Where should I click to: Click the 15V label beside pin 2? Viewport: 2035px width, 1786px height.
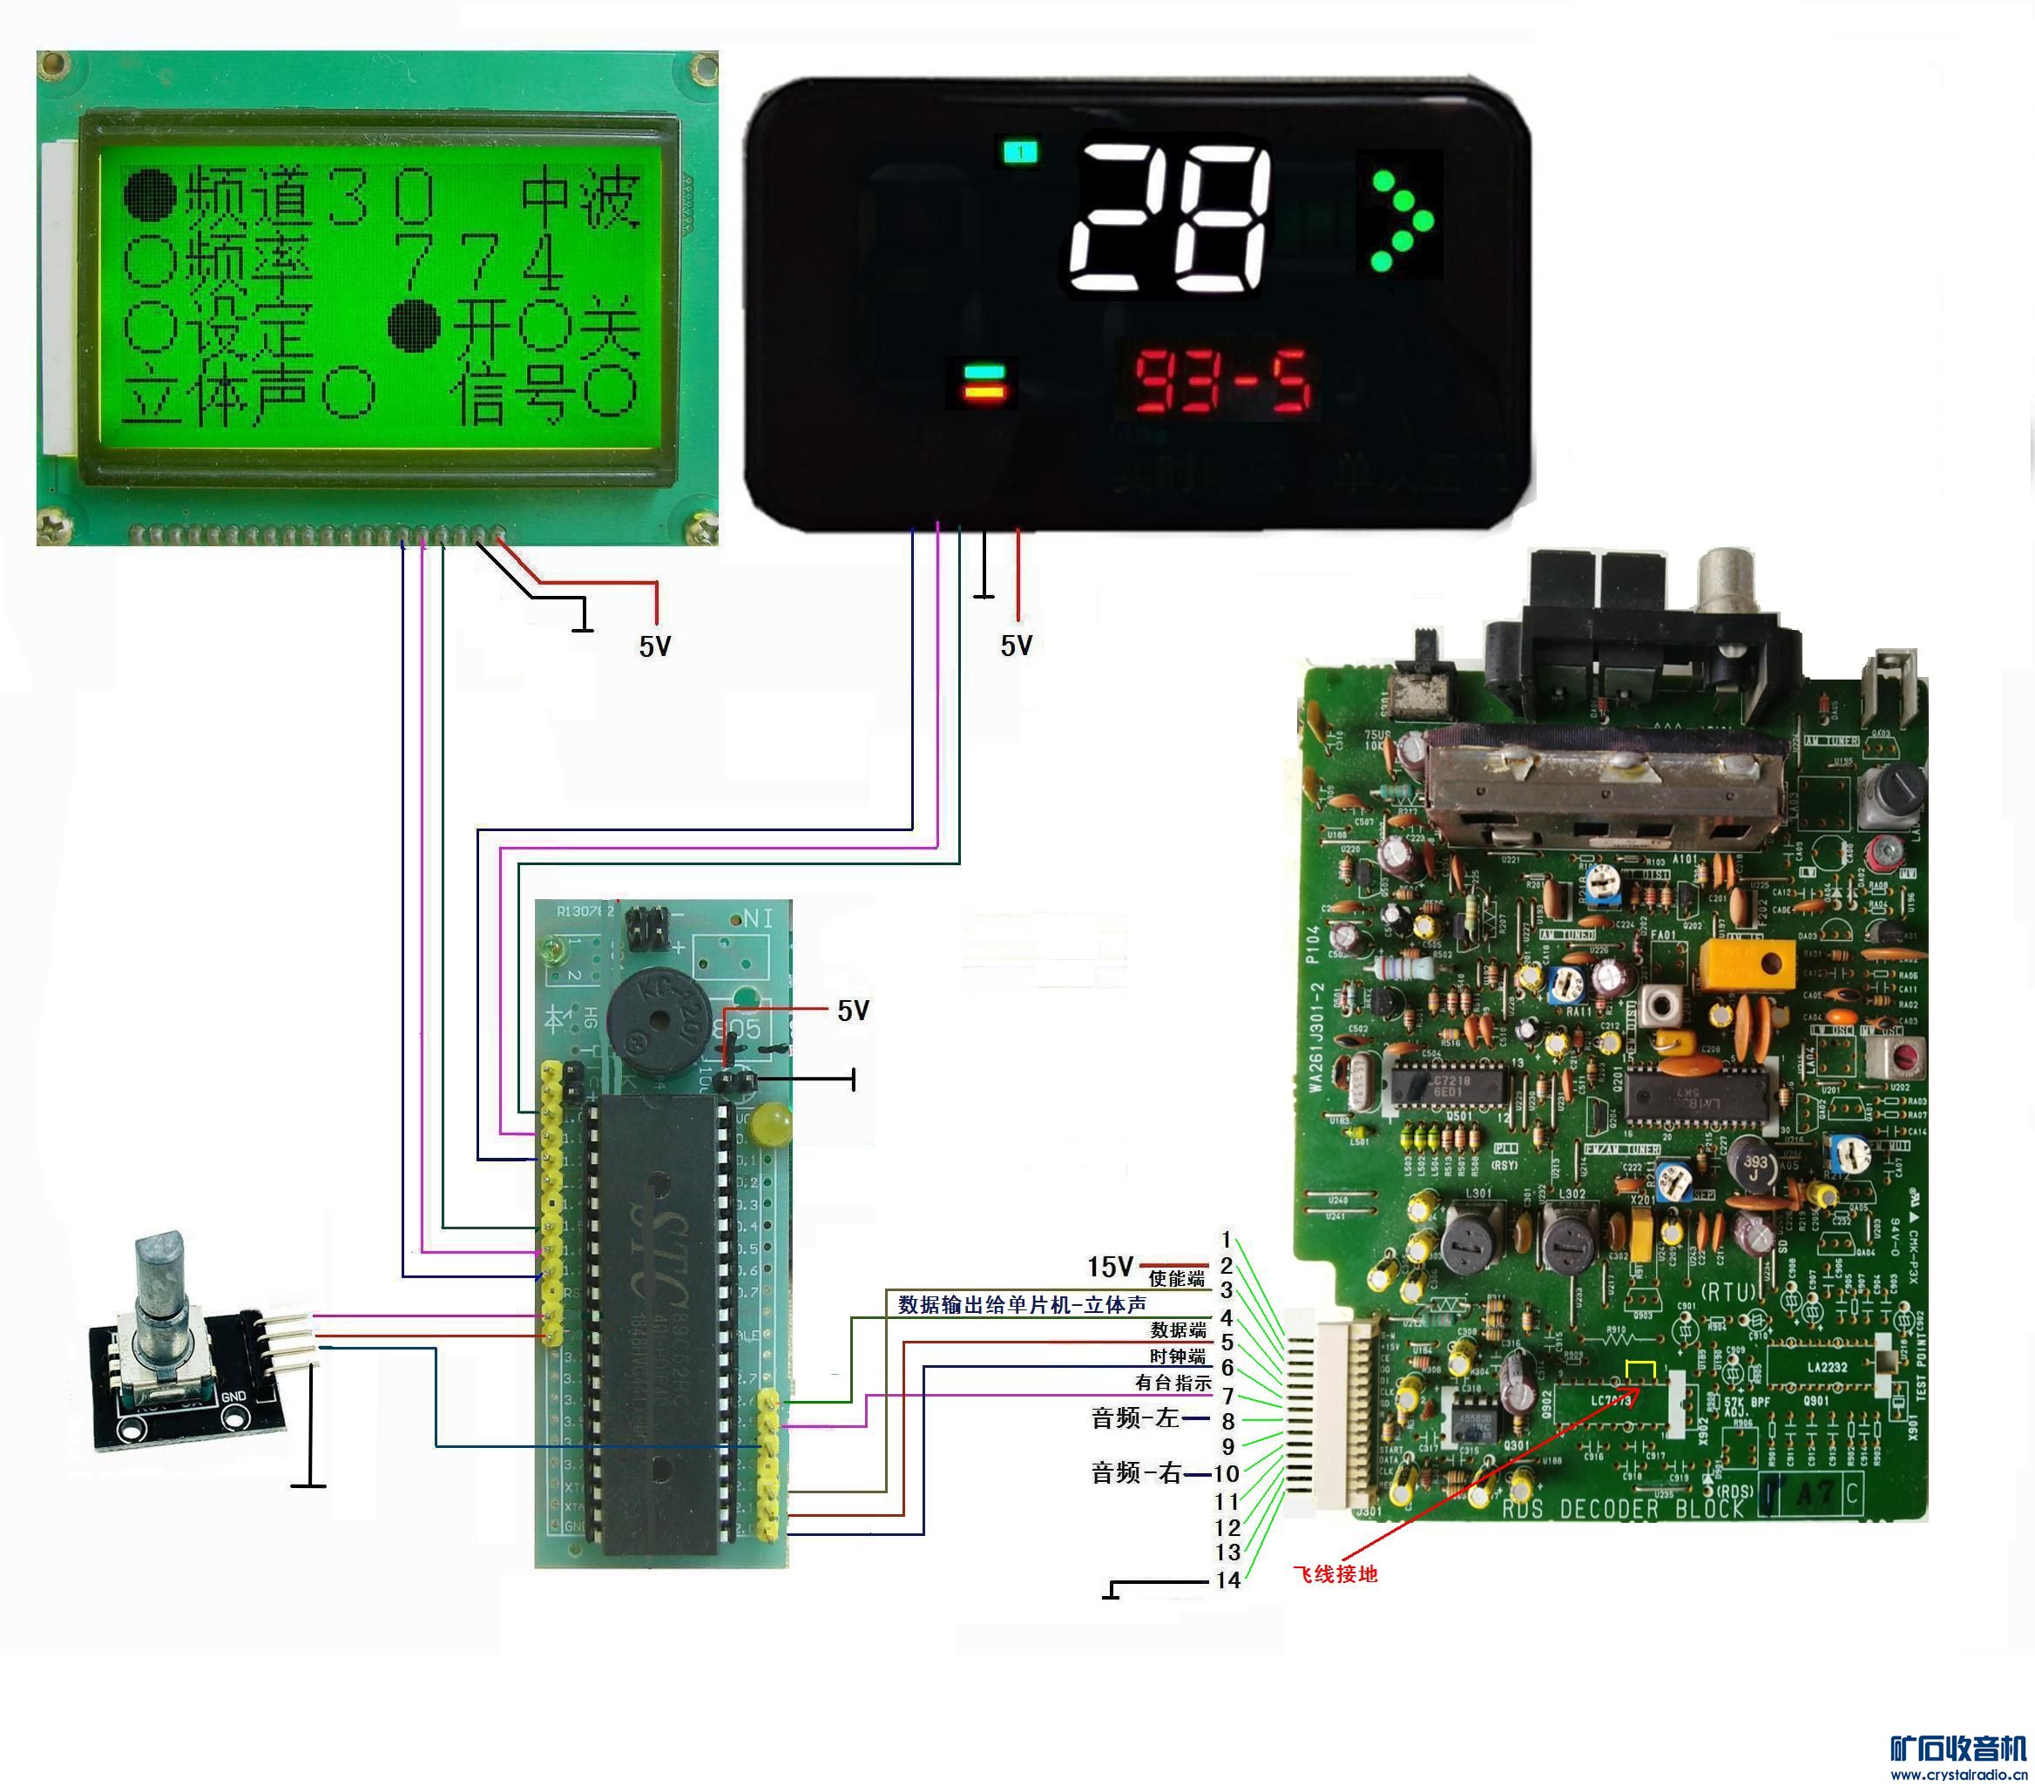point(1109,1267)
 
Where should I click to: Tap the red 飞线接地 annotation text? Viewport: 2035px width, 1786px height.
point(1335,1574)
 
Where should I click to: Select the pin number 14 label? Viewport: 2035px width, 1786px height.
point(1227,1580)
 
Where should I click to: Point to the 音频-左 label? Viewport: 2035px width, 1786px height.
point(1135,1417)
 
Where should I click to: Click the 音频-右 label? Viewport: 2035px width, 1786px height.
point(1136,1472)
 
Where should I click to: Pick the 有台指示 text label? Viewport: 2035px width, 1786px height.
point(1173,1383)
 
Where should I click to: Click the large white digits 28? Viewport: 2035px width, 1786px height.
point(1170,219)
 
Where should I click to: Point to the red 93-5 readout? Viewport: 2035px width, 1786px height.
point(1222,381)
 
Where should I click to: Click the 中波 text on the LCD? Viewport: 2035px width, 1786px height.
point(579,196)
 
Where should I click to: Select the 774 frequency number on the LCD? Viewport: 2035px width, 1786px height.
point(478,260)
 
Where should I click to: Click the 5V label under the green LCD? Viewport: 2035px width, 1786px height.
point(655,647)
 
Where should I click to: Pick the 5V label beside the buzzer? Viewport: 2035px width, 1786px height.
point(853,1011)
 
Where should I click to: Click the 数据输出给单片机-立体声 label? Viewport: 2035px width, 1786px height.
point(1022,1304)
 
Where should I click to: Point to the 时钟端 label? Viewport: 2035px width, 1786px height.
point(1178,1356)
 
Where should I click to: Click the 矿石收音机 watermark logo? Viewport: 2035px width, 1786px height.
point(1957,1749)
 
